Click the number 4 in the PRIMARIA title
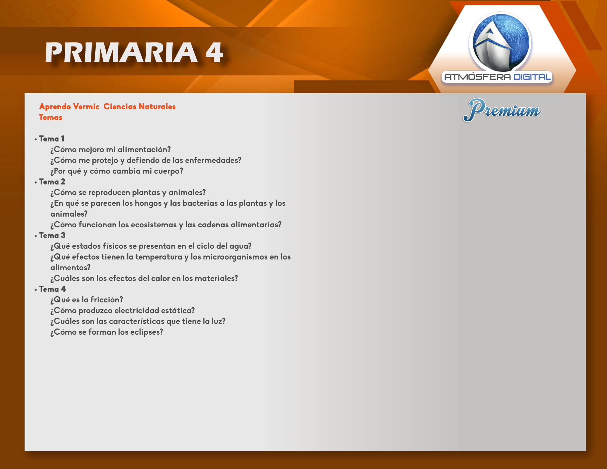coord(214,52)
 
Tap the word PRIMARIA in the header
coord(121,52)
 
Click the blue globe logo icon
coord(500,42)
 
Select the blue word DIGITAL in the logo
coord(532,77)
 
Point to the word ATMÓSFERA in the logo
coord(478,77)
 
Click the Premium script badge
coord(502,110)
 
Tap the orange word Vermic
coord(86,106)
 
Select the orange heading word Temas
coord(50,117)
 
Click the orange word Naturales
coord(157,106)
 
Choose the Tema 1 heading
coord(52,139)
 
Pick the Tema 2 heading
coord(52,182)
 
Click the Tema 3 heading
coord(52,235)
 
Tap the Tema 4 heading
coord(52,289)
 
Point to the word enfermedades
coord(213,160)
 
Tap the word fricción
coord(107,300)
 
